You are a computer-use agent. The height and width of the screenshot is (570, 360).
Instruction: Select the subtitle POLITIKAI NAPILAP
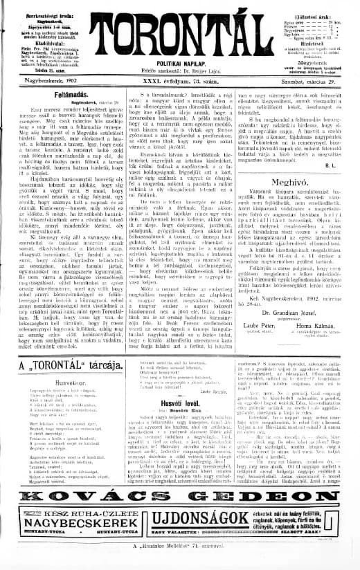pyautogui.click(x=179, y=62)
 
